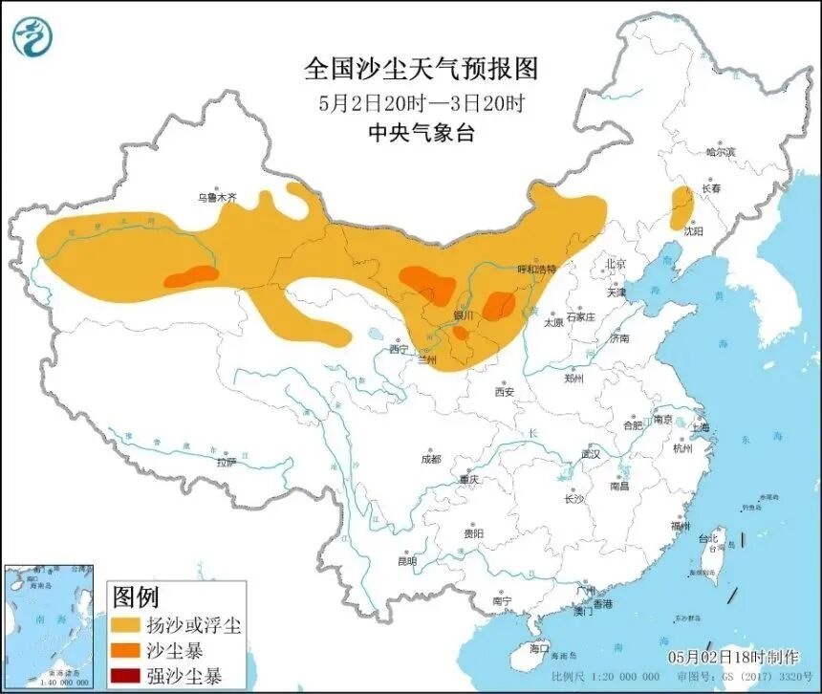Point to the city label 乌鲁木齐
216,197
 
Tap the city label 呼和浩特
535,271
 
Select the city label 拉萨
224,462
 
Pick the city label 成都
431,459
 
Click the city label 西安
505,392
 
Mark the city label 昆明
406,561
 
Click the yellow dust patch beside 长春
681,204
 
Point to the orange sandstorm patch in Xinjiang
191,277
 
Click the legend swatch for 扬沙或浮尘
125,626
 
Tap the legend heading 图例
136,598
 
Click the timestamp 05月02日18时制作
733,658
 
